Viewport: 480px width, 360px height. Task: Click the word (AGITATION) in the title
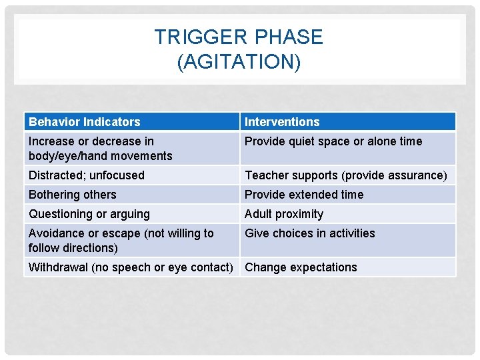pos(239,62)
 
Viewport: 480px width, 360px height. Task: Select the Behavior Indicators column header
pos(85,122)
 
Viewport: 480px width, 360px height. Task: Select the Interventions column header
pos(282,122)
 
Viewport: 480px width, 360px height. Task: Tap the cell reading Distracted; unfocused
pos(86,175)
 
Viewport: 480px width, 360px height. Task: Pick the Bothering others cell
pos(72,195)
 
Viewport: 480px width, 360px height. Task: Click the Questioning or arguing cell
pos(89,214)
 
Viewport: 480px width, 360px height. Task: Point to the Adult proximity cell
pos(284,214)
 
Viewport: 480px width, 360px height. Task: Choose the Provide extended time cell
pos(304,195)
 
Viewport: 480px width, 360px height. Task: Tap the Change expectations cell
pos(301,267)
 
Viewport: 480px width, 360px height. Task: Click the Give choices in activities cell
pos(309,233)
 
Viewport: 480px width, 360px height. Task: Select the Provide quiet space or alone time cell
pos(333,141)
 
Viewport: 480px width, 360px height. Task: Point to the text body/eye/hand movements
pos(100,156)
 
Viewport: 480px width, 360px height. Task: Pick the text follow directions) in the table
pos(73,248)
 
